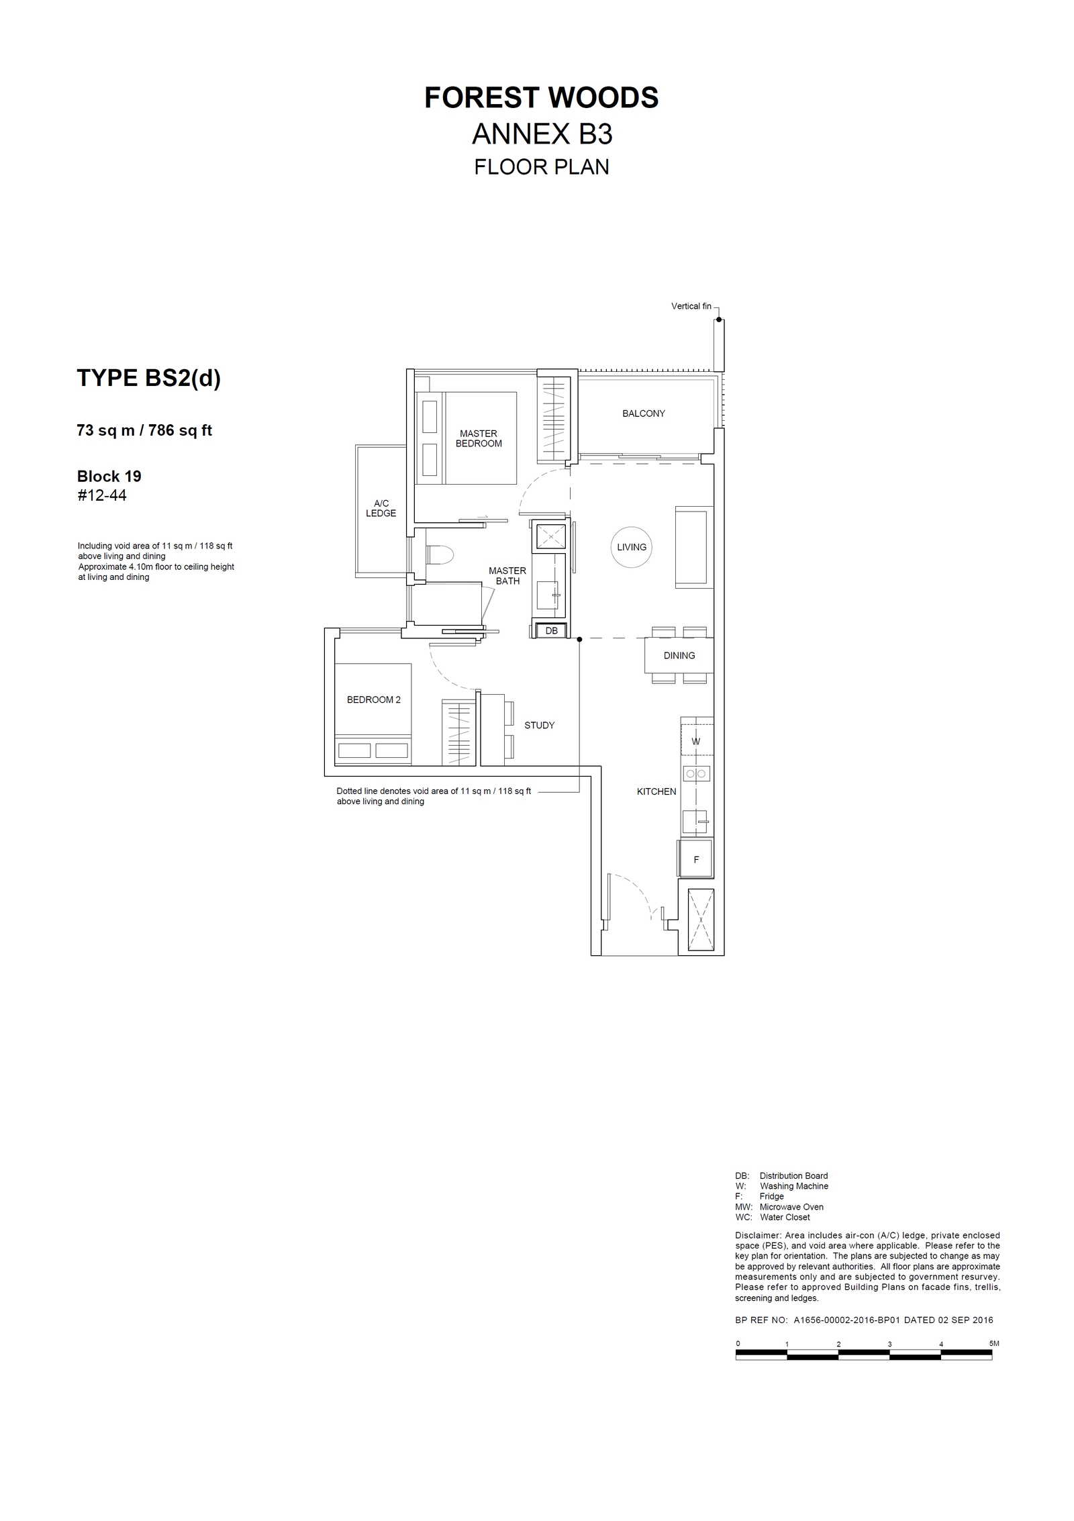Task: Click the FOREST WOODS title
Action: [541, 98]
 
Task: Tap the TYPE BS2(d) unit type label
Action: [148, 379]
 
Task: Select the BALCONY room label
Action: [643, 413]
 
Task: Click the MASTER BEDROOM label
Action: [479, 438]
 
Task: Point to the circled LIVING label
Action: [632, 547]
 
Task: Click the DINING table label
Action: [679, 656]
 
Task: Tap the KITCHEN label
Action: [656, 792]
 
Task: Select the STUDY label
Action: [540, 726]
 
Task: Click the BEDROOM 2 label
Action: [374, 699]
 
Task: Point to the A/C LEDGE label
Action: [381, 508]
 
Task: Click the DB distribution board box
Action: [551, 631]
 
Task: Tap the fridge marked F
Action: [696, 859]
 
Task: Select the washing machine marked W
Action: [696, 741]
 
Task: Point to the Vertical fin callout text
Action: [691, 306]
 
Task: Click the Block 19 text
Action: [109, 477]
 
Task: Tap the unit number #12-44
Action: [102, 495]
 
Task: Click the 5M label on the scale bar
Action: [994, 1343]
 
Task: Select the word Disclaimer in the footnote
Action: [758, 1235]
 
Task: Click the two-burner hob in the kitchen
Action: [696, 774]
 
